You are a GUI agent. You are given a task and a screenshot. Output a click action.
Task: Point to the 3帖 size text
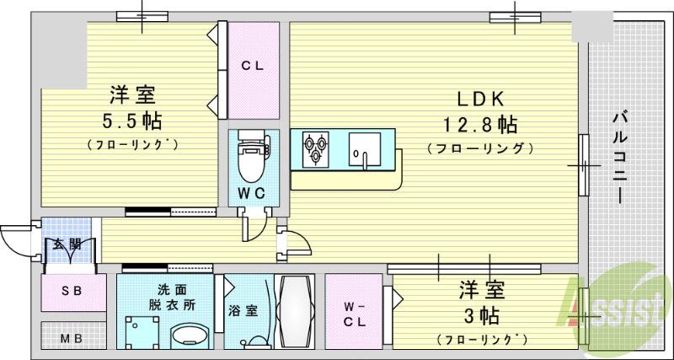[482, 316]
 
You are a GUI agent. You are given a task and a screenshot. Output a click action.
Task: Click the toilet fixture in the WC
[252, 157]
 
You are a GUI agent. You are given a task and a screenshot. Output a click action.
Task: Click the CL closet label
[253, 64]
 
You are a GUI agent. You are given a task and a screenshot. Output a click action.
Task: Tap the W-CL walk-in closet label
[353, 313]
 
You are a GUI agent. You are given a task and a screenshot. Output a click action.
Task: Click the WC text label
[252, 193]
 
